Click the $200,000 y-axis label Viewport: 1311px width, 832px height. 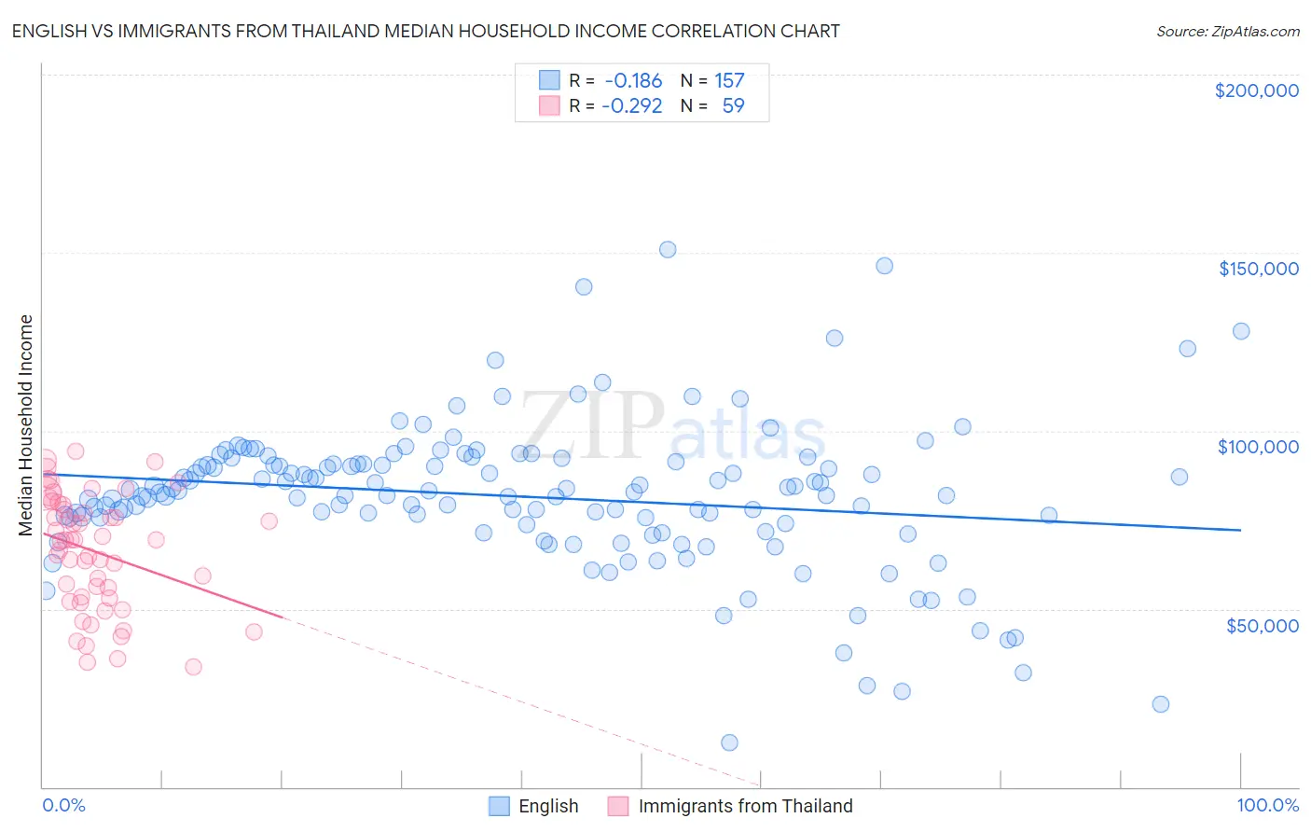pos(1256,90)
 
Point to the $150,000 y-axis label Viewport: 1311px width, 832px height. pos(1258,269)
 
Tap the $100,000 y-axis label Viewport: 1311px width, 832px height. pos(1258,447)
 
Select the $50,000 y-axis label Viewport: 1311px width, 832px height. pos(1262,625)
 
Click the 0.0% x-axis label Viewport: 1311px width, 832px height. pos(63,805)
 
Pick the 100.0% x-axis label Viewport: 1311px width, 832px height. pos(1267,805)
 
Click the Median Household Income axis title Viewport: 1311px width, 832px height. pos(26,425)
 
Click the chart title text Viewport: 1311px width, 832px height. pos(425,31)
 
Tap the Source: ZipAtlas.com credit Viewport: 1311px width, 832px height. pos(1227,31)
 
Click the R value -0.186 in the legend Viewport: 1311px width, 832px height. pos(632,80)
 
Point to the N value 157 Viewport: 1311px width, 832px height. pos(729,80)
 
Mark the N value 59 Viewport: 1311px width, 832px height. pos(733,105)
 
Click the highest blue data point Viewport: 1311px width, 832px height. pos(668,249)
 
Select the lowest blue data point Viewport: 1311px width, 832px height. pos(729,742)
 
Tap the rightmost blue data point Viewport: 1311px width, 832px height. pos(1241,331)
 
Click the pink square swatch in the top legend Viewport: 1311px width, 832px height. pos(549,105)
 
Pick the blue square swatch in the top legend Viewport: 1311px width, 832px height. pos(549,80)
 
